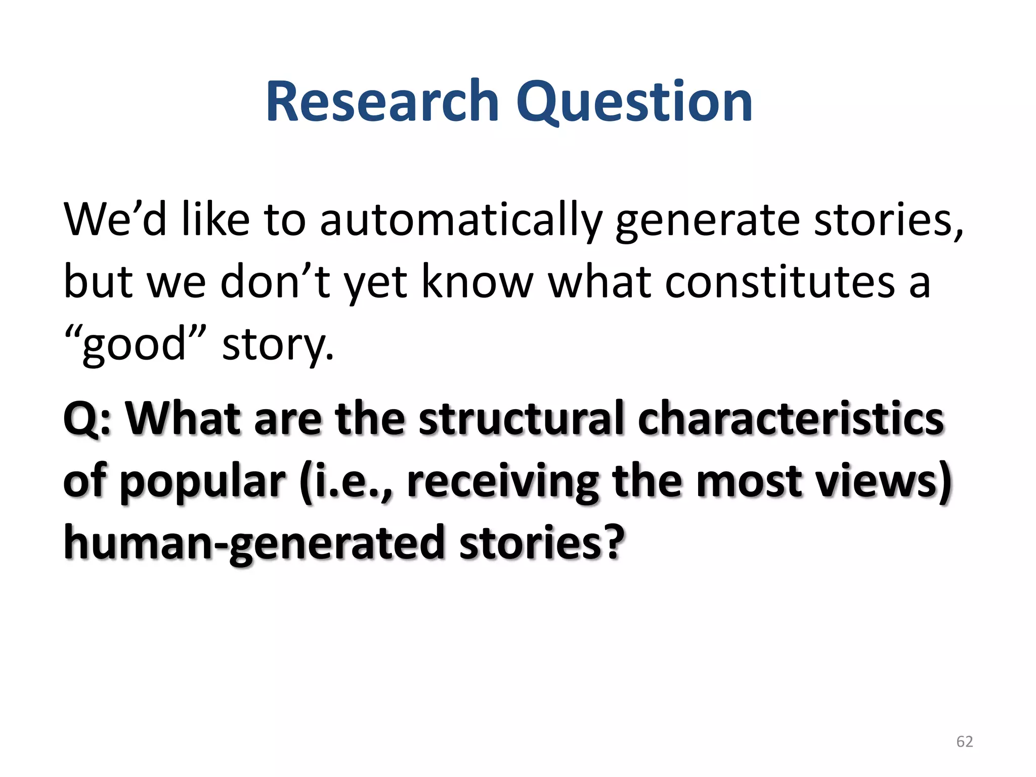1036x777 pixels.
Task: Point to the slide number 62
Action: (x=964, y=741)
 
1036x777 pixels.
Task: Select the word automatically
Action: (x=461, y=220)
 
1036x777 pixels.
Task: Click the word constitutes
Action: (x=780, y=282)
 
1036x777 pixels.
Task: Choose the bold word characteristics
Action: (x=791, y=418)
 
